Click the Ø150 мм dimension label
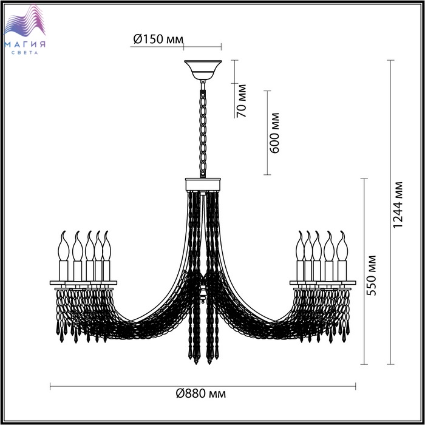click(158, 39)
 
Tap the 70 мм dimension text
click(242, 101)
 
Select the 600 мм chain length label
click(274, 133)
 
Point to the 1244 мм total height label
click(398, 205)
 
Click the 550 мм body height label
click(371, 276)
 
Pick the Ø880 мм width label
click(201, 393)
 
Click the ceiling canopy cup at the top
click(203, 69)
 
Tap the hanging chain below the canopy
click(203, 130)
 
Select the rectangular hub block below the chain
click(203, 185)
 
